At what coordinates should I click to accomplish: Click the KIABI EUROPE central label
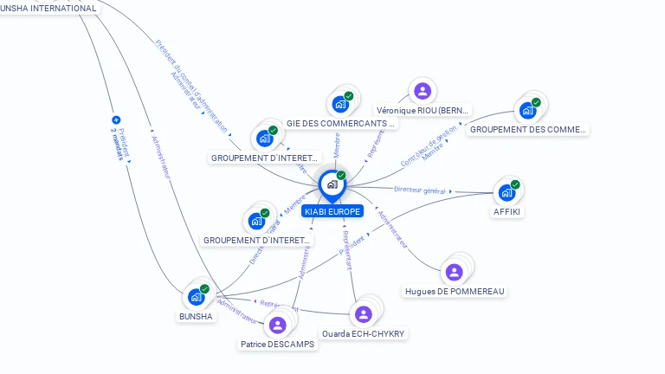pyautogui.click(x=332, y=211)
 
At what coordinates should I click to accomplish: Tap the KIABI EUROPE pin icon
pyautogui.click(x=332, y=184)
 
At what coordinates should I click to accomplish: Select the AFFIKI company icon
pyautogui.click(x=507, y=192)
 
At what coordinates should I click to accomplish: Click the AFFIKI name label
pyautogui.click(x=507, y=211)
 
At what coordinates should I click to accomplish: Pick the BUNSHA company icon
pyautogui.click(x=196, y=297)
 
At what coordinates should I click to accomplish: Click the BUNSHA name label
pyautogui.click(x=196, y=316)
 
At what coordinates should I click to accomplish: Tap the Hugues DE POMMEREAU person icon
pyautogui.click(x=454, y=273)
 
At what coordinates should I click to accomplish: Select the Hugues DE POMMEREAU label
pyautogui.click(x=455, y=292)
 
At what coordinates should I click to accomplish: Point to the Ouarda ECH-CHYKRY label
pyautogui.click(x=363, y=333)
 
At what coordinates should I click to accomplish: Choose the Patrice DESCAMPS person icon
pyautogui.click(x=277, y=325)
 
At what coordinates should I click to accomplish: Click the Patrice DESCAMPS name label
pyautogui.click(x=277, y=344)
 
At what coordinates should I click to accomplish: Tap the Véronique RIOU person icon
pyautogui.click(x=423, y=91)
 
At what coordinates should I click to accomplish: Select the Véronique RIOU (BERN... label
pyautogui.click(x=423, y=111)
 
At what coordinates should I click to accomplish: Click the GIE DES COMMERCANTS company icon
pyautogui.click(x=340, y=104)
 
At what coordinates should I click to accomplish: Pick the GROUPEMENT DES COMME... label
pyautogui.click(x=527, y=129)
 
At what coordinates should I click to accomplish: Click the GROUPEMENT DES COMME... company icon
pyautogui.click(x=527, y=110)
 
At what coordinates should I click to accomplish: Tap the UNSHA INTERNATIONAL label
pyautogui.click(x=48, y=8)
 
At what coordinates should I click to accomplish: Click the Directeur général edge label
pyautogui.click(x=419, y=190)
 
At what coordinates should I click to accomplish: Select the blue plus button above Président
pyautogui.click(x=116, y=120)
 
